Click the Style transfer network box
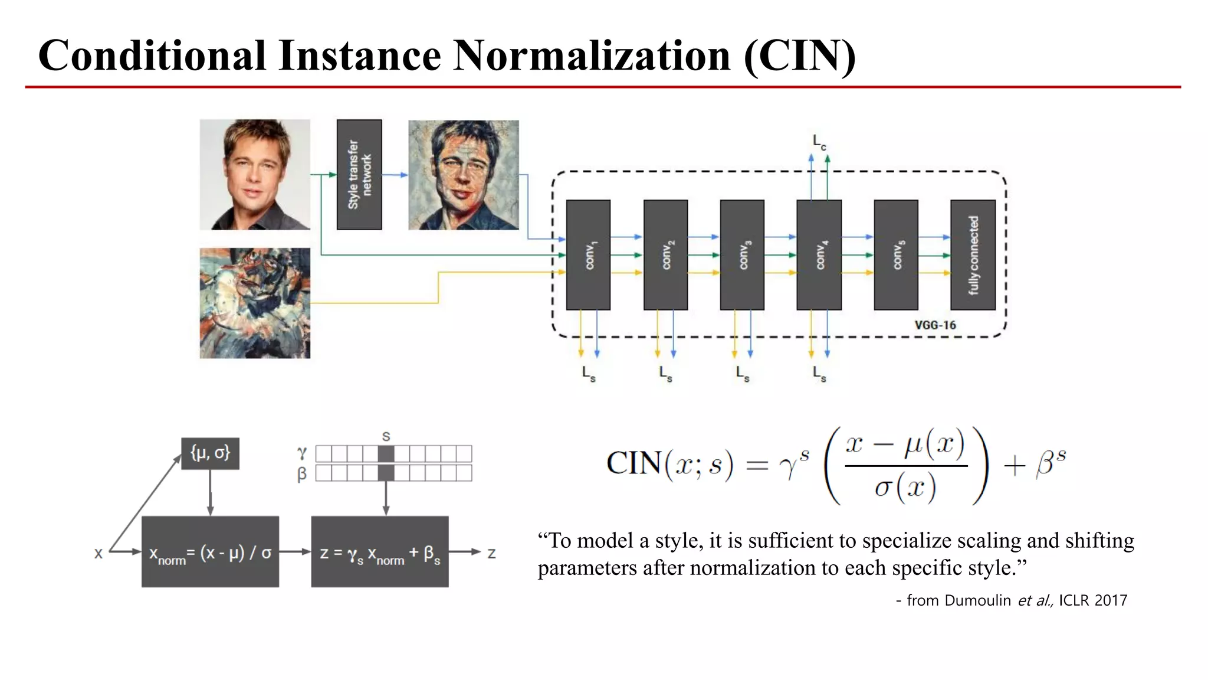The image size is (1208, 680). [359, 175]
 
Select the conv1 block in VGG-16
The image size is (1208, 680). [588, 255]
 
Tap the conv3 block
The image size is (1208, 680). [742, 255]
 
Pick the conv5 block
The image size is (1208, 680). [896, 255]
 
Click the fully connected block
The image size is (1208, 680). [973, 255]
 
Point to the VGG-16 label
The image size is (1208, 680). [935, 325]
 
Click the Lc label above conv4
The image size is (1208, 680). [819, 142]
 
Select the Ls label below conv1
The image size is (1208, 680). [589, 374]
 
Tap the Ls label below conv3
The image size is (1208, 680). [743, 374]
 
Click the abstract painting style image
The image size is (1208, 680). [255, 303]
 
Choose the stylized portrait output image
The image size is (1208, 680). [464, 175]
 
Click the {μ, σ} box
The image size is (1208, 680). [210, 453]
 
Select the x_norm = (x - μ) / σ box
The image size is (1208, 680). [210, 552]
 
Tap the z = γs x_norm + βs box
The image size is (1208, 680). [380, 552]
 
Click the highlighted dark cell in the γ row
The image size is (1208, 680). [386, 454]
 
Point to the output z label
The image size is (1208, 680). [491, 553]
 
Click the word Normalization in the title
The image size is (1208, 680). [592, 55]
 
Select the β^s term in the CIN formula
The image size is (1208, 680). [1051, 463]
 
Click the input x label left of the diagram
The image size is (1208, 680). [99, 553]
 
